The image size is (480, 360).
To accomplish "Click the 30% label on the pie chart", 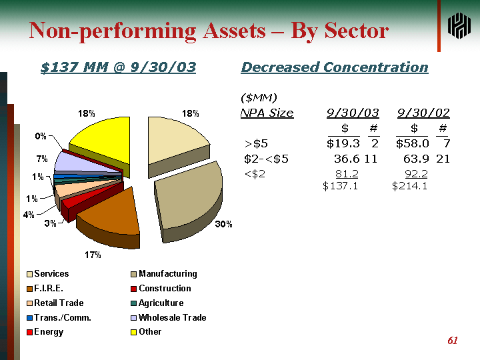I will (x=223, y=225).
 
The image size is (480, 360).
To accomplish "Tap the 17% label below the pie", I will (x=93, y=255).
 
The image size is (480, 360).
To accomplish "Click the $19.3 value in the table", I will (x=343, y=143).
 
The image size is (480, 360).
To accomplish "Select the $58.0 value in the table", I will (x=412, y=143).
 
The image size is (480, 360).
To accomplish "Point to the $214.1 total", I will (x=409, y=186).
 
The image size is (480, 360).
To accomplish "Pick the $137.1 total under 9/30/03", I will (x=340, y=186).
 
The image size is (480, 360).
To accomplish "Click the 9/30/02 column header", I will (x=423, y=113).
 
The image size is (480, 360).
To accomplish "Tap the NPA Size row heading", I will (x=267, y=113).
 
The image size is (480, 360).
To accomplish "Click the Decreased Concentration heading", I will (x=334, y=67).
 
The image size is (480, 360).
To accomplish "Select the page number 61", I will (x=453, y=341).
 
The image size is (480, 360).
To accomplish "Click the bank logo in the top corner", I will (x=459, y=27).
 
